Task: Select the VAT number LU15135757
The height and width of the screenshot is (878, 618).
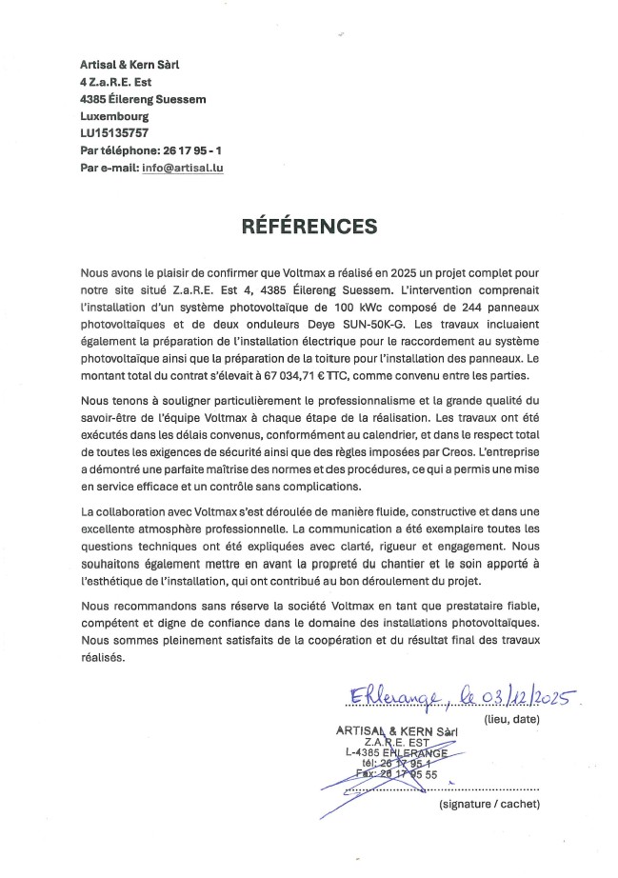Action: click(x=114, y=133)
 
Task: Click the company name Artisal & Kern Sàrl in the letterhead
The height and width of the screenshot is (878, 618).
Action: click(x=130, y=65)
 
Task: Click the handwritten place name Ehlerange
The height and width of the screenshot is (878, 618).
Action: click(x=385, y=700)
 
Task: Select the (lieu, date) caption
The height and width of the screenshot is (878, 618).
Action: click(x=512, y=719)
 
